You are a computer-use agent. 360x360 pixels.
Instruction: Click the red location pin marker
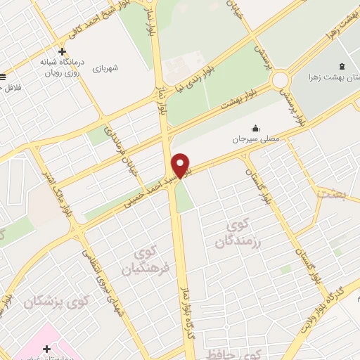click(181, 165)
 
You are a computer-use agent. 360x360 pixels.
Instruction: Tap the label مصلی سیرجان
click(257, 139)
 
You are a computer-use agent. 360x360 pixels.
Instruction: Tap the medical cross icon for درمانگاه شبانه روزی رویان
click(63, 51)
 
